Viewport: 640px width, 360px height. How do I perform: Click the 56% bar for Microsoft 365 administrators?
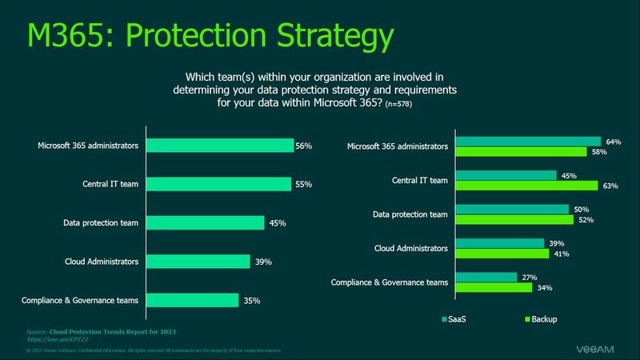[220, 146]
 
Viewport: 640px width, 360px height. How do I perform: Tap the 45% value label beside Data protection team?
[278, 223]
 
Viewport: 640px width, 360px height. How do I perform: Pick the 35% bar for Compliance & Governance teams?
[192, 300]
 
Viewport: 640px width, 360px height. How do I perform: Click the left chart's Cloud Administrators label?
[102, 262]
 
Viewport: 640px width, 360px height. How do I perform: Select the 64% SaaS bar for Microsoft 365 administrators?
[528, 142]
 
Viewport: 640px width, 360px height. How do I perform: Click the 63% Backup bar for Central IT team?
[526, 186]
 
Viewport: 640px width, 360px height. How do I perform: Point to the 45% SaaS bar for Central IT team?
[506, 175]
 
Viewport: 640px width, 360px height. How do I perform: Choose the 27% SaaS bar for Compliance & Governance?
[486, 277]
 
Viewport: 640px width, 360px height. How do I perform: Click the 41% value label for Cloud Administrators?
[561, 254]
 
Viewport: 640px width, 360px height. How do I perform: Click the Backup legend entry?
[538, 320]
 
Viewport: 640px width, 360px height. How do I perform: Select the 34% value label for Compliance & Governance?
[544, 288]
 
